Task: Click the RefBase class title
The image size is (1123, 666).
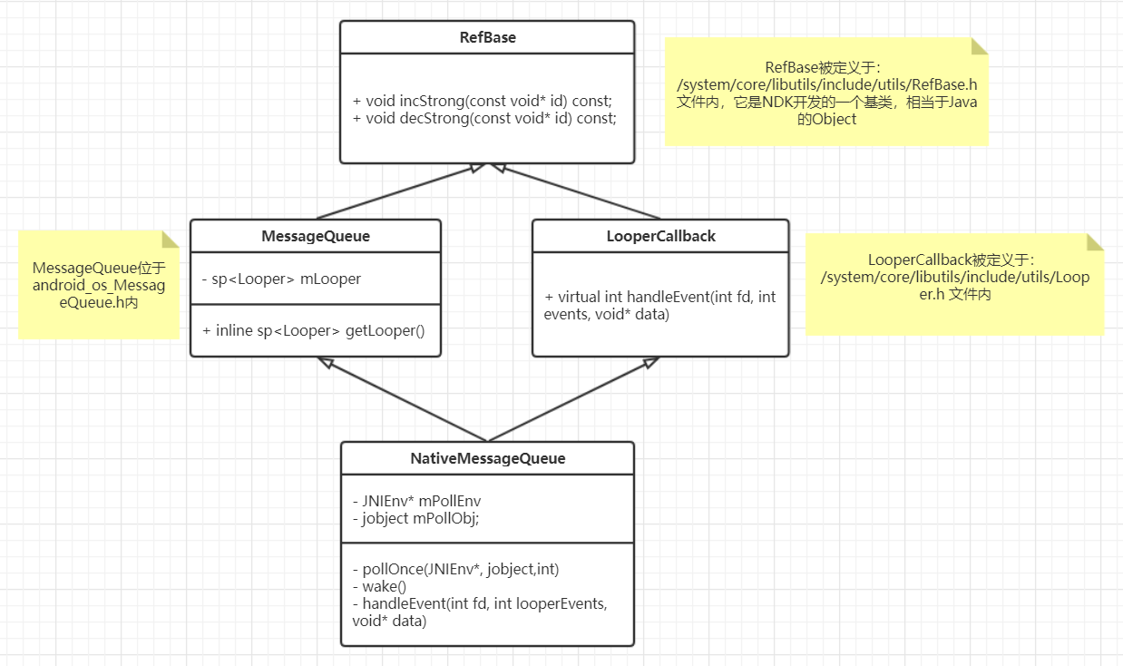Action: pyautogui.click(x=487, y=38)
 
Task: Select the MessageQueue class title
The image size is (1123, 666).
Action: pyautogui.click(x=315, y=236)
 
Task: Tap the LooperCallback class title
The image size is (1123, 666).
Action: pyautogui.click(x=660, y=236)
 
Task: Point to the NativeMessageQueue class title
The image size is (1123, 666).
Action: pyautogui.click(x=487, y=458)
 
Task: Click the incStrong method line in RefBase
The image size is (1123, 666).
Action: pyautogui.click(x=483, y=101)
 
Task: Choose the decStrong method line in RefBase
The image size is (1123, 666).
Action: pyautogui.click(x=483, y=118)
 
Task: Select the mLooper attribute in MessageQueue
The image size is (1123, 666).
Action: pyautogui.click(x=281, y=279)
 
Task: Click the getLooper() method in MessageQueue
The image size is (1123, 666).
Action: pyautogui.click(x=313, y=330)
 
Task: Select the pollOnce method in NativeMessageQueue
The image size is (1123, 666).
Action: pyautogui.click(x=455, y=570)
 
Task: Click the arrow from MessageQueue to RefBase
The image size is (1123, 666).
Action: pyautogui.click(x=399, y=191)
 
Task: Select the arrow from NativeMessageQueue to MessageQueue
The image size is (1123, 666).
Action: pyautogui.click(x=404, y=399)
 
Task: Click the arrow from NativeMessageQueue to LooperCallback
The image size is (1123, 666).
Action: pyautogui.click(x=571, y=399)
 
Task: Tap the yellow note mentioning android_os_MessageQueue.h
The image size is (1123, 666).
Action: pyautogui.click(x=98, y=285)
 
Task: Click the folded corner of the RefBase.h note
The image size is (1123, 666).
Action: pyautogui.click(x=979, y=46)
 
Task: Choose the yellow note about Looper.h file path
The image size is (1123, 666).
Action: pyautogui.click(x=954, y=284)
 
